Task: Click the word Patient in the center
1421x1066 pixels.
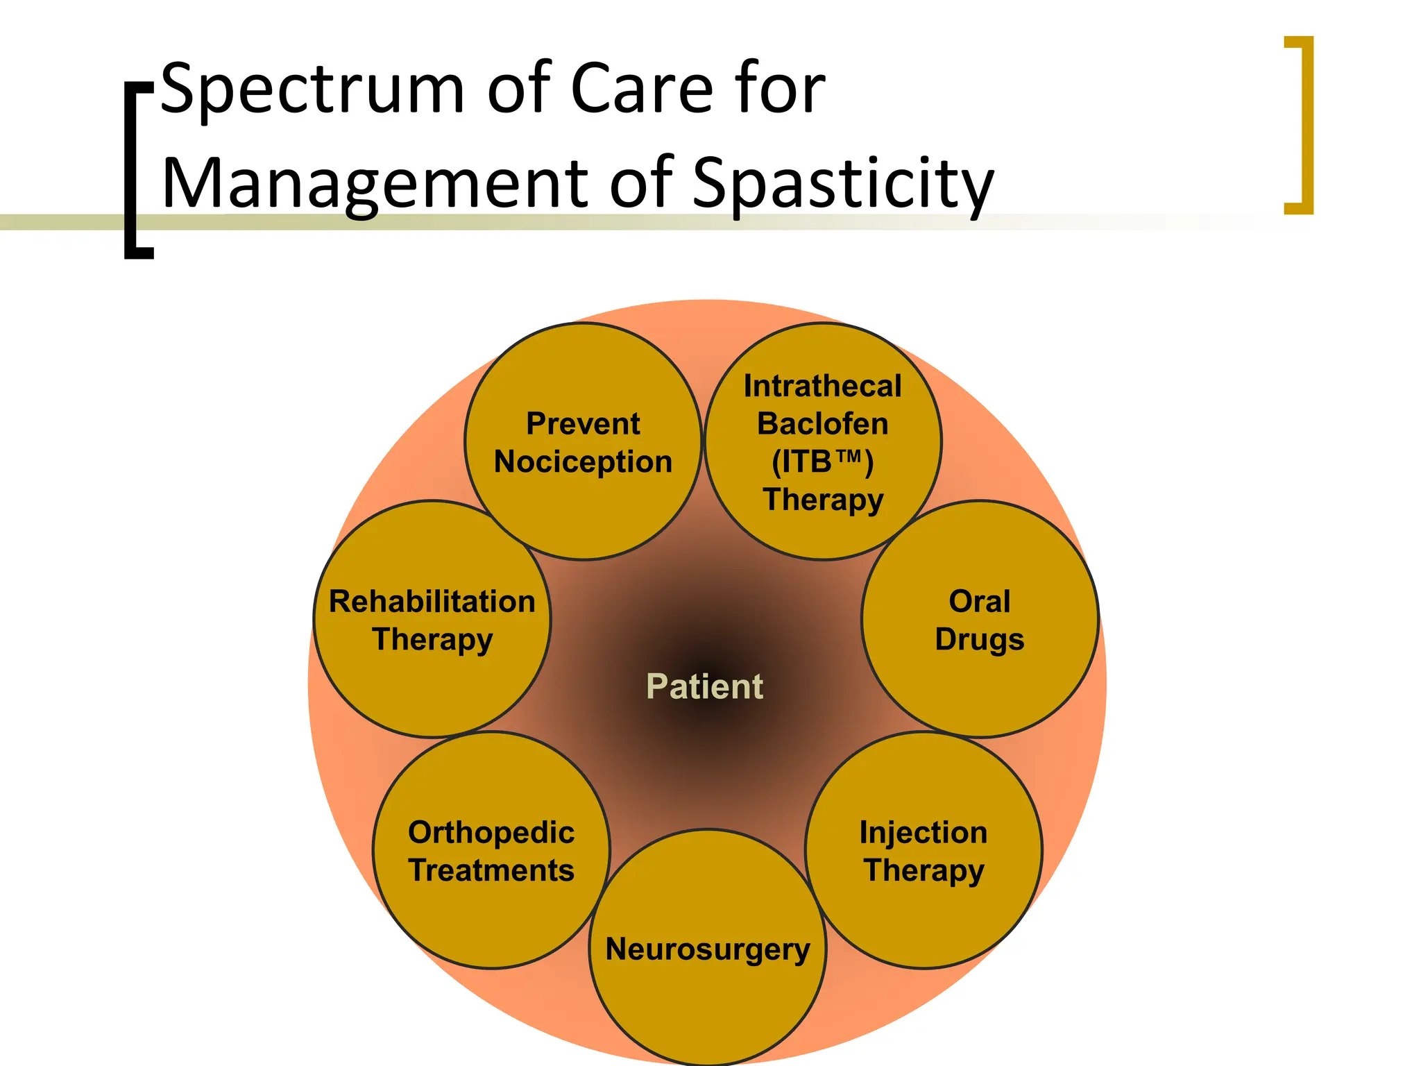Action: (704, 686)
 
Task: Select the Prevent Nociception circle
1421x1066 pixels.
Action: (583, 486)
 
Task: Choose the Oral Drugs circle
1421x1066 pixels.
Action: (980, 666)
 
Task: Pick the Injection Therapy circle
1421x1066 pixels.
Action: (924, 902)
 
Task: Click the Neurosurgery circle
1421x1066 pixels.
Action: (708, 992)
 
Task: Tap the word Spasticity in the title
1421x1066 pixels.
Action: (843, 184)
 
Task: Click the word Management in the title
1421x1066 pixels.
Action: (375, 184)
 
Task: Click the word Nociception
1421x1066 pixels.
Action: (583, 462)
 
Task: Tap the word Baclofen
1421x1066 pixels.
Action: (823, 423)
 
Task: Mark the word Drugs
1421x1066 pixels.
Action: (980, 639)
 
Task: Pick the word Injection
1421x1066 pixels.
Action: (924, 832)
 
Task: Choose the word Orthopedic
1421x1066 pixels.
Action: (491, 832)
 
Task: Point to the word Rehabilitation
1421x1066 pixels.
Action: (432, 602)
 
